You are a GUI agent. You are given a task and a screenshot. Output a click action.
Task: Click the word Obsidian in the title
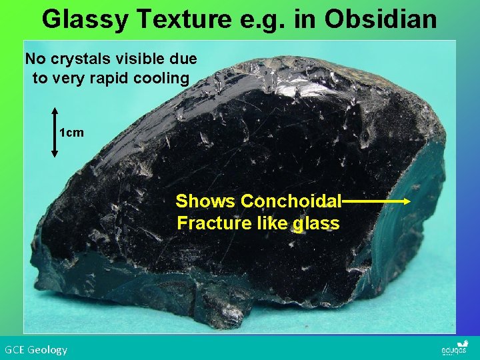tap(381, 19)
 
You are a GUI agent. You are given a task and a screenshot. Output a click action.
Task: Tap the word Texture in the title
tap(187, 19)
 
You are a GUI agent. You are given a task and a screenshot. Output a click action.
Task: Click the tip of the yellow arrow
tap(408, 201)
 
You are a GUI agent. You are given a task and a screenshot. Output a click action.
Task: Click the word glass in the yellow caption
tap(316, 223)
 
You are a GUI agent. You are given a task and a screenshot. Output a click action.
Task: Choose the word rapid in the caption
tap(127, 78)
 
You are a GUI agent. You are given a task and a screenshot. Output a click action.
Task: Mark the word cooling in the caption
tap(167, 78)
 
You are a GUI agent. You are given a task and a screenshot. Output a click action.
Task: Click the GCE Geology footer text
tap(36, 349)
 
